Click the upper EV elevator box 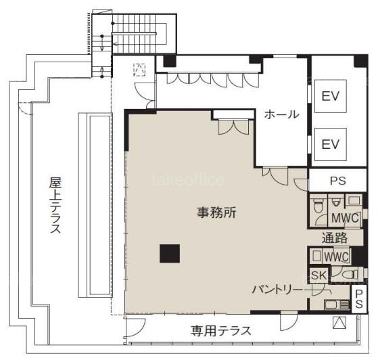coord(331,96)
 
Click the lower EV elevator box coord(331,144)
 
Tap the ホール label coord(281,114)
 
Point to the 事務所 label coord(216,212)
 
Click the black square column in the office coord(170,253)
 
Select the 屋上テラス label coord(55,205)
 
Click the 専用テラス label coord(221,330)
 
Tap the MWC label coord(346,218)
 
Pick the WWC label coord(336,256)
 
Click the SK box coord(318,275)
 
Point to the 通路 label coord(334,238)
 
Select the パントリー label coord(277,290)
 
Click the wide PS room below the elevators coord(337,181)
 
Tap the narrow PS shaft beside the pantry coord(359,299)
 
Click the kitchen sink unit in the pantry coord(337,305)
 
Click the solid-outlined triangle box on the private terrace coord(339,323)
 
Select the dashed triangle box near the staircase coord(139,70)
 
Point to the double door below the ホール coord(275,176)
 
